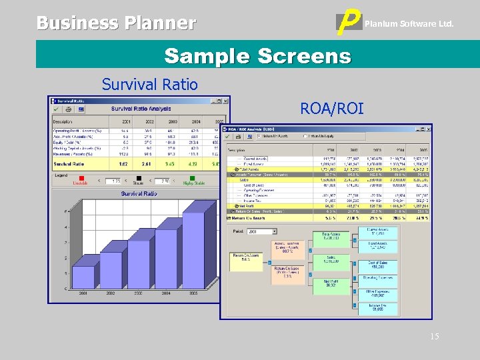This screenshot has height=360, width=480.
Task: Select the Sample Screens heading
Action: pyautogui.click(x=257, y=55)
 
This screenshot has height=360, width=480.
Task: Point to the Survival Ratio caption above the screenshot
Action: pyautogui.click(x=149, y=85)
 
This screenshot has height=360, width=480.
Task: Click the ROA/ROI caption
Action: pyautogui.click(x=332, y=107)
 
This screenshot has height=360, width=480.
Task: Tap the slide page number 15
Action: pyautogui.click(x=434, y=337)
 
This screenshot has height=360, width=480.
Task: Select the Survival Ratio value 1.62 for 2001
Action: pyautogui.click(x=124, y=163)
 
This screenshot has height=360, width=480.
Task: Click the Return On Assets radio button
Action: pyautogui.click(x=259, y=136)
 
